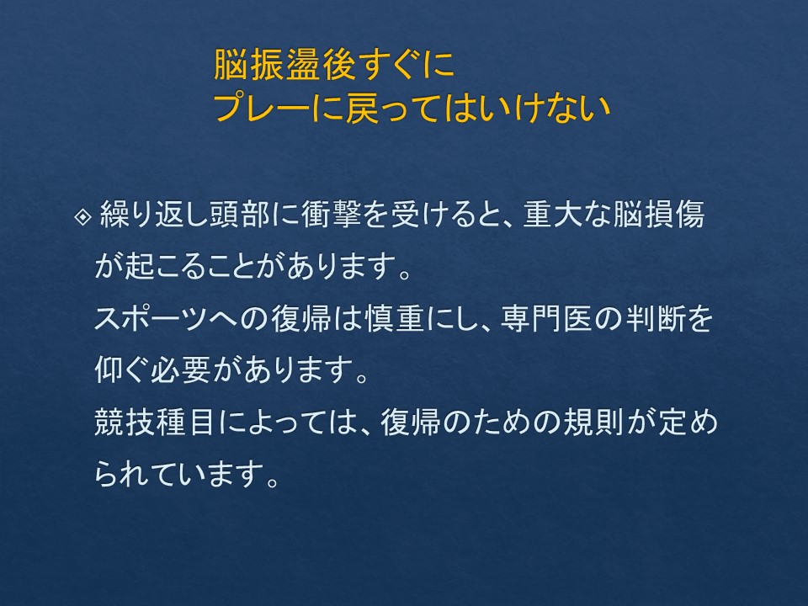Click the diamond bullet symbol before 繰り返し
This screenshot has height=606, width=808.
pos(82,216)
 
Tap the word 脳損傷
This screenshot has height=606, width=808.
pos(658,215)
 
